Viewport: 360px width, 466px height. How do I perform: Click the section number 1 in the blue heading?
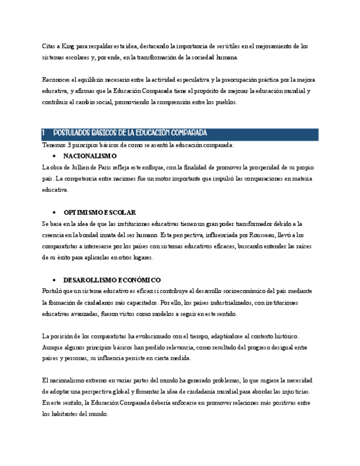pos(44,134)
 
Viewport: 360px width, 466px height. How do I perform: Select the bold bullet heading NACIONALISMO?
pos(90,156)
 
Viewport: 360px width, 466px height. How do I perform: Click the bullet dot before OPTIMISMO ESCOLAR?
pos(54,212)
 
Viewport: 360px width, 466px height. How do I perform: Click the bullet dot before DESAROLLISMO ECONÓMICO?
pos(54,280)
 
